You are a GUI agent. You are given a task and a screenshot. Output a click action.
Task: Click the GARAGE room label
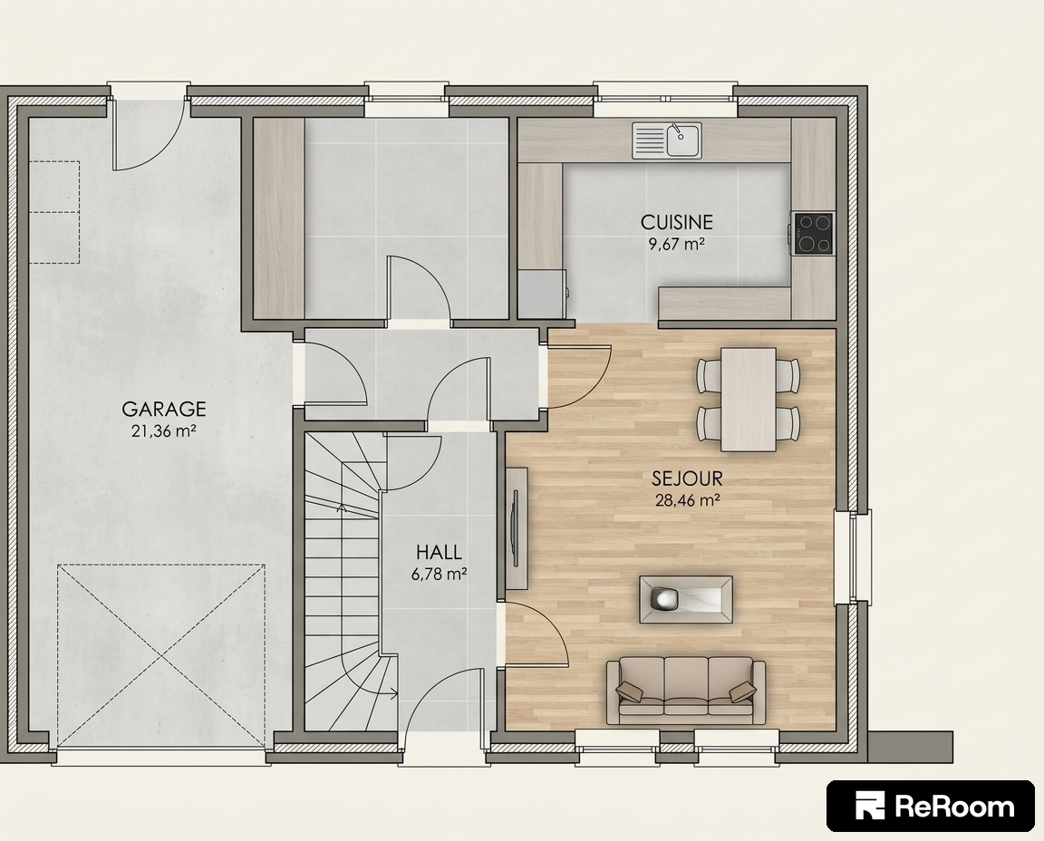pos(164,408)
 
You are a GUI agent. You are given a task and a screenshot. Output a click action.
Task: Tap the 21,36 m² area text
pos(164,430)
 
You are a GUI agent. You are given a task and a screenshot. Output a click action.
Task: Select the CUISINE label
pos(676,222)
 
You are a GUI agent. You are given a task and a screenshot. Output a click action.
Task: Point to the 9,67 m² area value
pos(676,244)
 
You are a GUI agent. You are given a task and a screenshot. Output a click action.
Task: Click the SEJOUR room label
pos(687,478)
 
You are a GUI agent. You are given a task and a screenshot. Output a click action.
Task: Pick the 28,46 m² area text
pos(688,500)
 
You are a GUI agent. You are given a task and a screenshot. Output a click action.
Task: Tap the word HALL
pos(439,552)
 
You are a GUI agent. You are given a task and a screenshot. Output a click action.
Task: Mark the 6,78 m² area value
pos(439,574)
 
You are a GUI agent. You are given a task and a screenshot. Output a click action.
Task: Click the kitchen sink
pos(666,140)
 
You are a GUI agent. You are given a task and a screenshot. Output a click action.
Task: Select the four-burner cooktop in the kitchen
pos(813,233)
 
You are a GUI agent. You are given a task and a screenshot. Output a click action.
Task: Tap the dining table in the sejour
pos(749,399)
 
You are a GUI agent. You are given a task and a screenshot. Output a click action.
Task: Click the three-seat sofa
pos(686,691)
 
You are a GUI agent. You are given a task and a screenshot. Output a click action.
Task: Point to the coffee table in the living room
pos(686,600)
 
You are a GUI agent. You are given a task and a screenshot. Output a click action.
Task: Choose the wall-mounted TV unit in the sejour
pos(516,528)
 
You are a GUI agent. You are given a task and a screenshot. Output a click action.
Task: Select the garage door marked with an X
pos(161,655)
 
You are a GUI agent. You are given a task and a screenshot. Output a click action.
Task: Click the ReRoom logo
pos(931,807)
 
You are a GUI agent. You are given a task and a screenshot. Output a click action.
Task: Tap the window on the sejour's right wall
pos(860,556)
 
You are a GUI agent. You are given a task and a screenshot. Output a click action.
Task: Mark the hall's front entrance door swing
pos(445,708)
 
